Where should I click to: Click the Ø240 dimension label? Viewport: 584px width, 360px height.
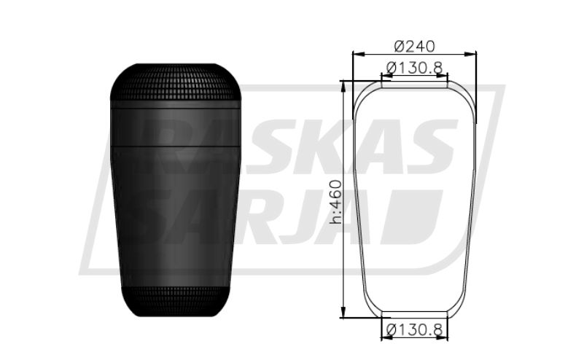tap(414, 47)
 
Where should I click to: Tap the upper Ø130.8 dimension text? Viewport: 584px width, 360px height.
tap(414, 68)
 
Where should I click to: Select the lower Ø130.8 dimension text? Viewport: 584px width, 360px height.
tap(414, 329)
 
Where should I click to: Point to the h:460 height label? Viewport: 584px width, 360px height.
tap(335, 202)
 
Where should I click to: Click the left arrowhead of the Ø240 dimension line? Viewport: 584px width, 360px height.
tap(358, 55)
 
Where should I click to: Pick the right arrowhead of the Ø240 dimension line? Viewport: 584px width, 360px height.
tap(470, 55)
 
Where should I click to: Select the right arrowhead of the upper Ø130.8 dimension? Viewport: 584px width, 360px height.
tap(442, 77)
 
